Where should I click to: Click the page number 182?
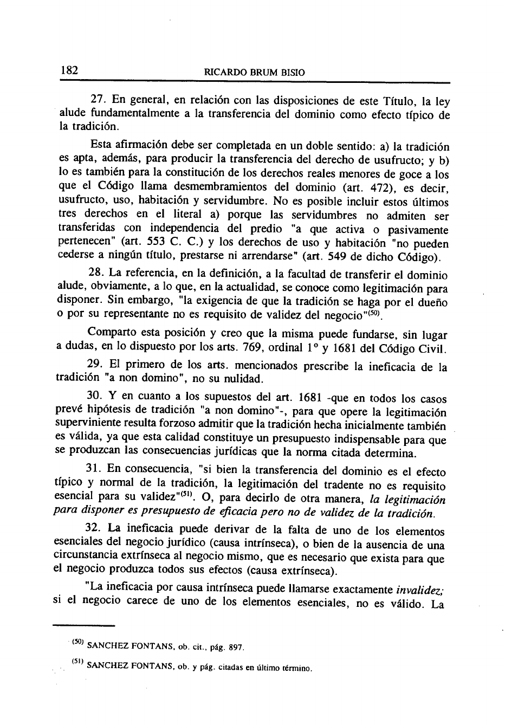70,71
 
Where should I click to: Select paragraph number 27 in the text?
97,101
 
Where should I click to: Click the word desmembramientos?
208,188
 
